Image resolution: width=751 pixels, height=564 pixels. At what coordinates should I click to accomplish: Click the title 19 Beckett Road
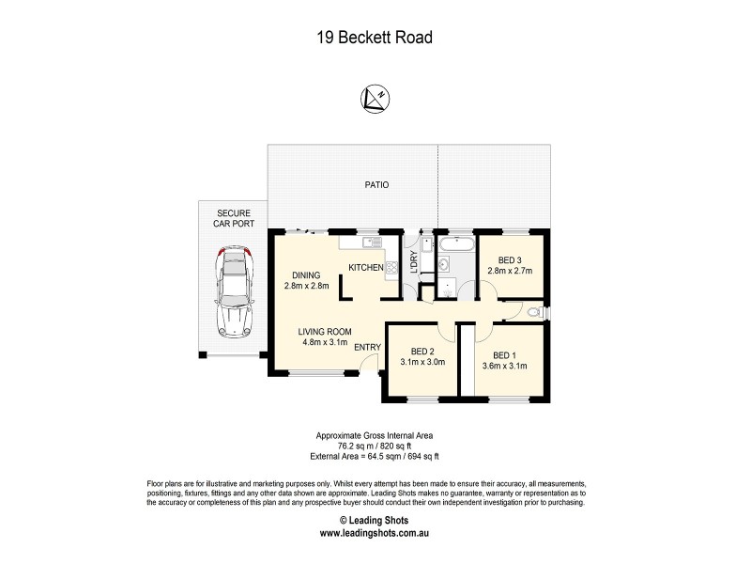(x=375, y=38)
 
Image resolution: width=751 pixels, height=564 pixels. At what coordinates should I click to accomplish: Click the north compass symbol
(x=375, y=98)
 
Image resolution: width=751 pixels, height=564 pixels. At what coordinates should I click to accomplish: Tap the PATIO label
(x=376, y=185)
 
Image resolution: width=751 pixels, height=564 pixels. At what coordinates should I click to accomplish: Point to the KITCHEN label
(x=366, y=268)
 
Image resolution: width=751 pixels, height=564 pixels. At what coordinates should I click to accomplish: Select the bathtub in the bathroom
(x=455, y=244)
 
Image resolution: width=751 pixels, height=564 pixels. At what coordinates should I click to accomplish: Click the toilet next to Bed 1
(x=533, y=311)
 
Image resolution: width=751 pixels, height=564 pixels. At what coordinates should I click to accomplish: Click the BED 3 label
(x=510, y=260)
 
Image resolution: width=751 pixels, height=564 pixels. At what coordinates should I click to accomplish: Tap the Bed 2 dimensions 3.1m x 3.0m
(x=421, y=361)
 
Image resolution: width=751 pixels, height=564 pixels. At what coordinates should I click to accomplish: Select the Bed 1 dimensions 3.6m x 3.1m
(x=505, y=365)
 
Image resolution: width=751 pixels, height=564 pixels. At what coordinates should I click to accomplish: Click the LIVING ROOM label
(x=325, y=331)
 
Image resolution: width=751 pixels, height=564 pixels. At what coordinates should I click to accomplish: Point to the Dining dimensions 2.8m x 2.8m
(x=306, y=286)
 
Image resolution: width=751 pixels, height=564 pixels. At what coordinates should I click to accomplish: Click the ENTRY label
(x=367, y=348)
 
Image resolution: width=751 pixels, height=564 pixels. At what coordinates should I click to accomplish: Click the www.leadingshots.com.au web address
(x=375, y=532)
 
